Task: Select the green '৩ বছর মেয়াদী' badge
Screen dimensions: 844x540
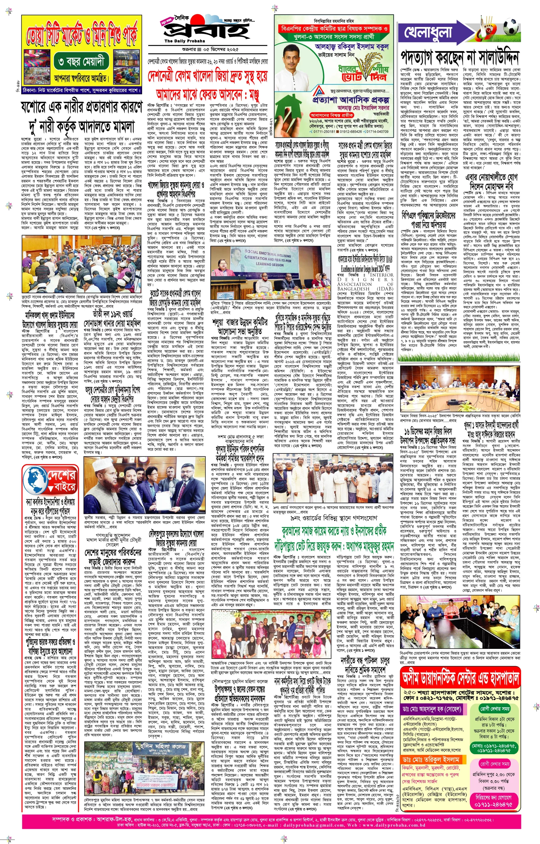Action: click(x=81, y=62)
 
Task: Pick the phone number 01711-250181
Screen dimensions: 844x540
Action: click(x=323, y=131)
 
